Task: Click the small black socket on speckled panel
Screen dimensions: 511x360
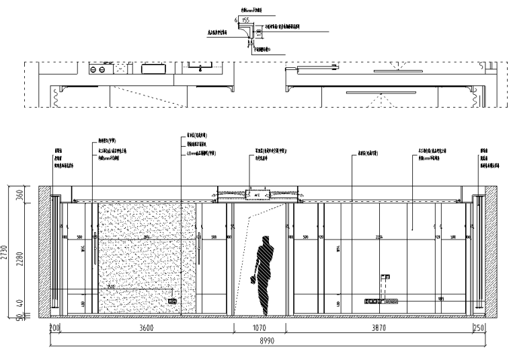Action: click(172, 301)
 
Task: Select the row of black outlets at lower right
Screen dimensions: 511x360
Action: click(380, 302)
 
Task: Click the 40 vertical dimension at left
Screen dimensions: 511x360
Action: click(20, 303)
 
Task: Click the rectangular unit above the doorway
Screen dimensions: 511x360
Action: click(257, 195)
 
